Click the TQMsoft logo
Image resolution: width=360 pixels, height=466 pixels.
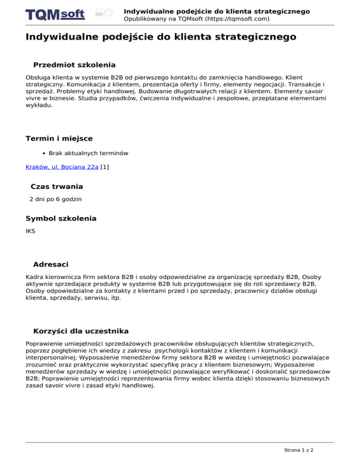click(55, 15)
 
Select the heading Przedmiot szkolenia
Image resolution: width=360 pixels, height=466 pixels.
click(75, 65)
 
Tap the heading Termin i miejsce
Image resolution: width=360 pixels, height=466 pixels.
click(59, 138)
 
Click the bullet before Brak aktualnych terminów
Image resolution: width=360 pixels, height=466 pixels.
click(44, 153)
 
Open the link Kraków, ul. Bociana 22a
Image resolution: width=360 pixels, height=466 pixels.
click(62, 166)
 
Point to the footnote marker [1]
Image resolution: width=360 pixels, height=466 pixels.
click(105, 166)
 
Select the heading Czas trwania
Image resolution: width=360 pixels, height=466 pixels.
click(57, 187)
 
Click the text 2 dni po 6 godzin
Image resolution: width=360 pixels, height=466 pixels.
click(55, 199)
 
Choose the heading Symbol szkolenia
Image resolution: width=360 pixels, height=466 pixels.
click(61, 218)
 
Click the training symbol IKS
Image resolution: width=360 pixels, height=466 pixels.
click(30, 231)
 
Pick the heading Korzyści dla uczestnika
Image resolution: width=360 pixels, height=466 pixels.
click(81, 331)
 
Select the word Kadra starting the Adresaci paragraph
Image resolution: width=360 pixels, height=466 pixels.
click(34, 277)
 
